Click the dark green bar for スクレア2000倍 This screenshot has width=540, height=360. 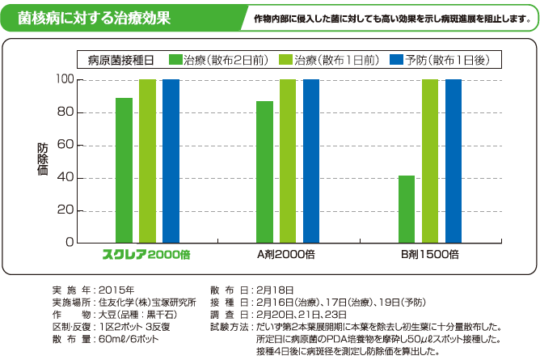point(124,170)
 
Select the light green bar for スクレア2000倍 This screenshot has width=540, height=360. point(147,161)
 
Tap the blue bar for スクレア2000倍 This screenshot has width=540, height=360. point(171,161)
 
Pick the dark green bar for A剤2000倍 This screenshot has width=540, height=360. point(264,172)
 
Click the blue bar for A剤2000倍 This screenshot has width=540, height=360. point(311,161)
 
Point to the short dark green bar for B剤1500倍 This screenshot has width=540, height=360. point(406,209)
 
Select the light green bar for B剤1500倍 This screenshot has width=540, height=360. point(429,161)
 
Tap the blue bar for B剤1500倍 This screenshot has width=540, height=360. point(453,161)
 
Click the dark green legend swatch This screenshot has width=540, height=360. point(175,61)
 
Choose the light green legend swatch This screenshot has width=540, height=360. point(286,61)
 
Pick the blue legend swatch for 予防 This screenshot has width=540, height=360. point(396,61)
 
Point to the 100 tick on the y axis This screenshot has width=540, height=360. point(65,80)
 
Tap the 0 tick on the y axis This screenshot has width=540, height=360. point(70,243)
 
